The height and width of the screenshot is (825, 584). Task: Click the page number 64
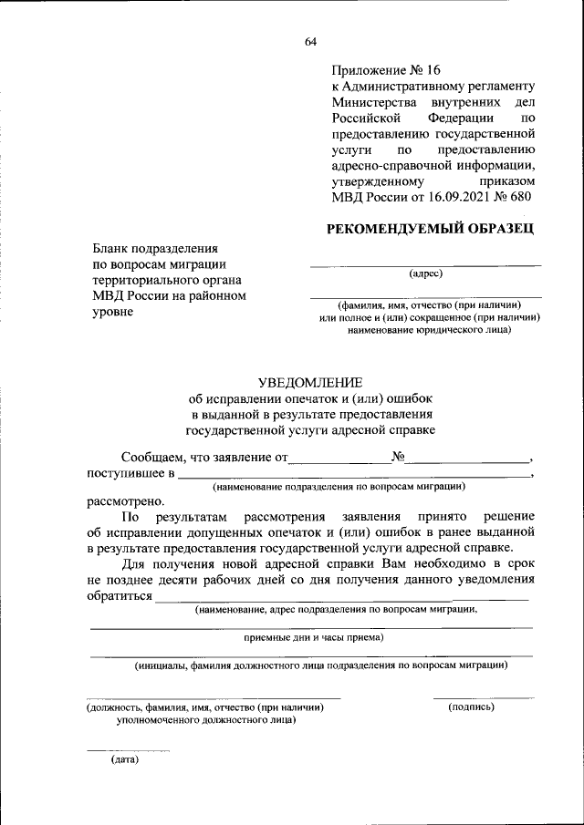pyautogui.click(x=310, y=42)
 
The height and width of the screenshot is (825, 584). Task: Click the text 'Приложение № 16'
pyautogui.click(x=385, y=69)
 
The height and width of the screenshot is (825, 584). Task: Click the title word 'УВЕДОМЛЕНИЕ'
pyautogui.click(x=310, y=382)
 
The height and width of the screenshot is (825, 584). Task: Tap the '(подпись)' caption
pyautogui.click(x=472, y=706)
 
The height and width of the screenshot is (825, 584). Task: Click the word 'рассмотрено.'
pyautogui.click(x=126, y=500)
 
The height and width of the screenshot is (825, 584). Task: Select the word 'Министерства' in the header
pyautogui.click(x=373, y=102)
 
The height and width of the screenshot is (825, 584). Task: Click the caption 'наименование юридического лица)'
pyautogui.click(x=429, y=329)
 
